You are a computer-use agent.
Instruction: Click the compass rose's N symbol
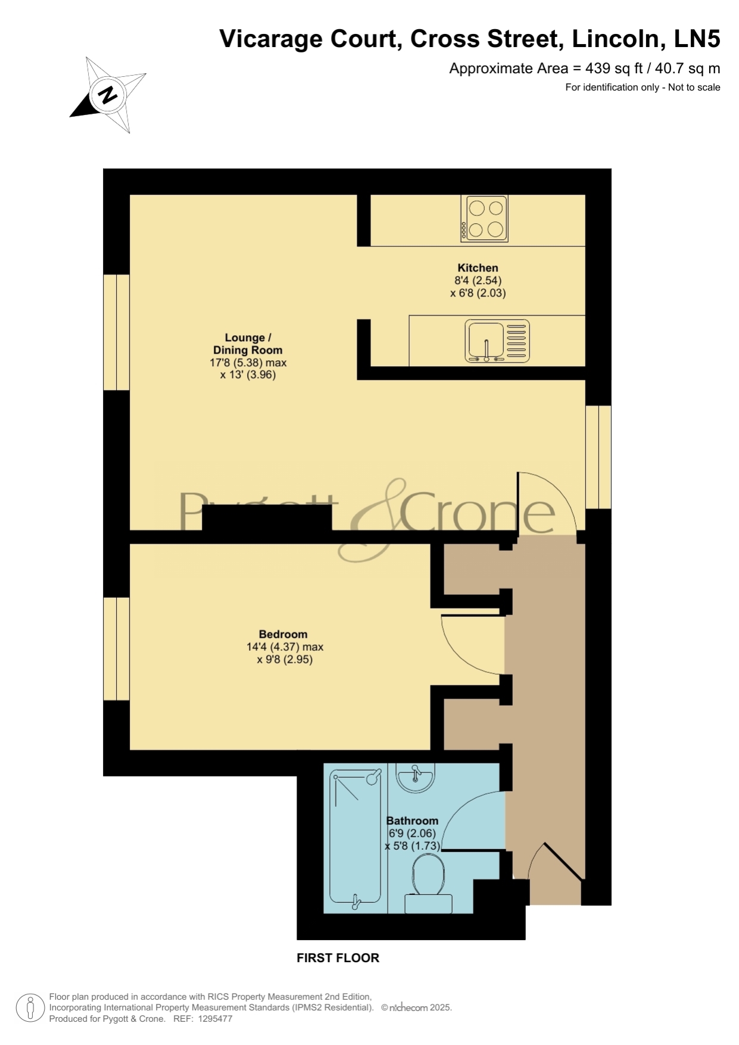[108, 95]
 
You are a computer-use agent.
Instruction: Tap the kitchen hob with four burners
[484, 219]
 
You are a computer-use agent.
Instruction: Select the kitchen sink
[497, 341]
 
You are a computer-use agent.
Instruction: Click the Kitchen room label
[478, 268]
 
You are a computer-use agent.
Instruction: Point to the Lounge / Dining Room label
[248, 344]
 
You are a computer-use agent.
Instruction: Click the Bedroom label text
[283, 634]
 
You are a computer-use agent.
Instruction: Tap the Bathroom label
[412, 821]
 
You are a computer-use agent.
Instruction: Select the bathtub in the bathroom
[356, 840]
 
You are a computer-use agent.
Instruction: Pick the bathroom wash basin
[416, 778]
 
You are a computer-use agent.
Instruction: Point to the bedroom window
[117, 648]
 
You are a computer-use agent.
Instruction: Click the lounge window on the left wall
[117, 332]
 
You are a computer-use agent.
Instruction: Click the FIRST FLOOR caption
[338, 958]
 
